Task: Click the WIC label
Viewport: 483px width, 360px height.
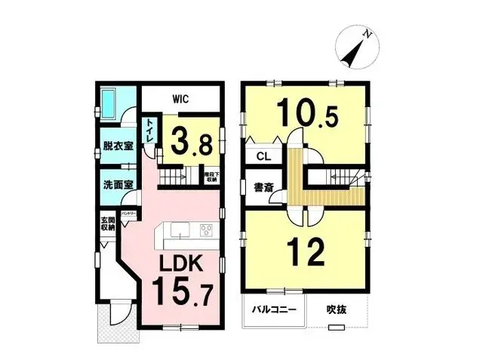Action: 180,99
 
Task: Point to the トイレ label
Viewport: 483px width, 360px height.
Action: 151,129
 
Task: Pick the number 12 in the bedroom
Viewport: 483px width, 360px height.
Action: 306,251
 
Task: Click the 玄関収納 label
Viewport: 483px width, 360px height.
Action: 106,224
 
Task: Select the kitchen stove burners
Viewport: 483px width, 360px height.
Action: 206,231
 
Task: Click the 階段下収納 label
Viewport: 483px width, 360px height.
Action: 211,177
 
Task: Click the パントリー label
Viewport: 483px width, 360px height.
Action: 129,214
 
